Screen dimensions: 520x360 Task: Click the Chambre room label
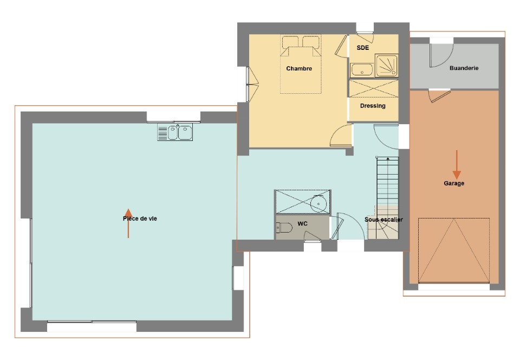299,68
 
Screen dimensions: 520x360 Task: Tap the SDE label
362,48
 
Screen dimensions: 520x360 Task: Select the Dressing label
373,106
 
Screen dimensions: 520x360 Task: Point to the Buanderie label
464,68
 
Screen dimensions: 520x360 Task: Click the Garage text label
454,183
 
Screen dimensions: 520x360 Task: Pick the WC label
302,223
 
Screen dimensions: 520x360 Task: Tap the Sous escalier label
383,220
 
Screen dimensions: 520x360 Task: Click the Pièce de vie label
140,218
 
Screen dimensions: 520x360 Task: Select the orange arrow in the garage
457,165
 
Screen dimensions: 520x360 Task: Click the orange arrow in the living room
128,223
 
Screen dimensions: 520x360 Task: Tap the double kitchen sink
175,132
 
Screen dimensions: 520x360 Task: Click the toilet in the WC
284,228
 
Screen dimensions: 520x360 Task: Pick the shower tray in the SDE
386,66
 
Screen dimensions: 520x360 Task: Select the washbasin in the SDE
361,70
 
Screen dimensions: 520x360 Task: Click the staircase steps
387,182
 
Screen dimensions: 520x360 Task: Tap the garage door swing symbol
454,250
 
